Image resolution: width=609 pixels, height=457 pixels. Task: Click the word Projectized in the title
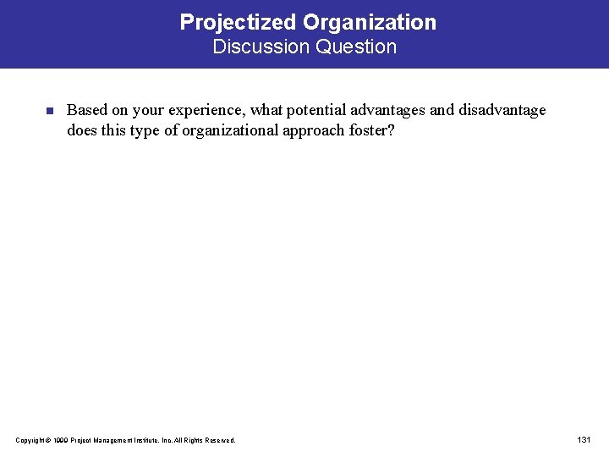pyautogui.click(x=230, y=23)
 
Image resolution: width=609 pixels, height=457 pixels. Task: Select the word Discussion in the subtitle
pyautogui.click(x=261, y=47)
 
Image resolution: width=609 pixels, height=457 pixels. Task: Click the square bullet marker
pyautogui.click(x=49, y=111)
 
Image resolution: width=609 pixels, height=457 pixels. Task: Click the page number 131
pyautogui.click(x=584, y=439)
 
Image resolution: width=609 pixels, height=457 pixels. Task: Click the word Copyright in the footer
pyautogui.click(x=29, y=440)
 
